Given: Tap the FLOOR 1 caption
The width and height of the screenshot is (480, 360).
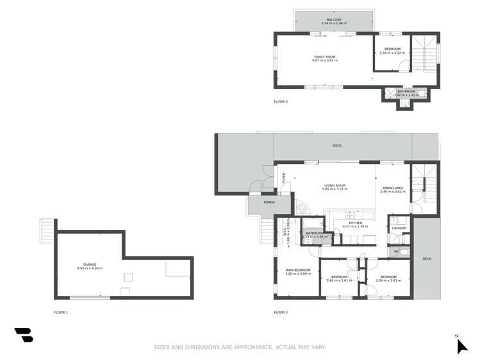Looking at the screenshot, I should [x=61, y=313].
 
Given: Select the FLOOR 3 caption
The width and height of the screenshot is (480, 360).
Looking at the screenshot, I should [x=281, y=101].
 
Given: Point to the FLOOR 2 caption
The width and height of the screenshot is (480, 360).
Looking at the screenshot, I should [x=281, y=313].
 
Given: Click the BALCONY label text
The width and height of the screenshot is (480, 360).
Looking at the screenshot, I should [x=333, y=20].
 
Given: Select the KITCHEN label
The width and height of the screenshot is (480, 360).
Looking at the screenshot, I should [x=355, y=223].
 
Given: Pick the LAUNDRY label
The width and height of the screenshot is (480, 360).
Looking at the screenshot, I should [x=399, y=228].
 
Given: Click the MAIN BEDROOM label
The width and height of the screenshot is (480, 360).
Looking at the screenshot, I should [x=298, y=270].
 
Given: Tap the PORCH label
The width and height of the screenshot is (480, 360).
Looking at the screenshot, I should [x=269, y=202].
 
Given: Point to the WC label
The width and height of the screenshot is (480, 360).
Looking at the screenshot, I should [x=397, y=252].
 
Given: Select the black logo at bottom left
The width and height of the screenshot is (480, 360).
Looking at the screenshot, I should [x=24, y=335].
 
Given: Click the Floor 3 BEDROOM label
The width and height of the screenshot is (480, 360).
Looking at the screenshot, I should [x=392, y=49].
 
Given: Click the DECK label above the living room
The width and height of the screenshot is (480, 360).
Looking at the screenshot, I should [x=337, y=145].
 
